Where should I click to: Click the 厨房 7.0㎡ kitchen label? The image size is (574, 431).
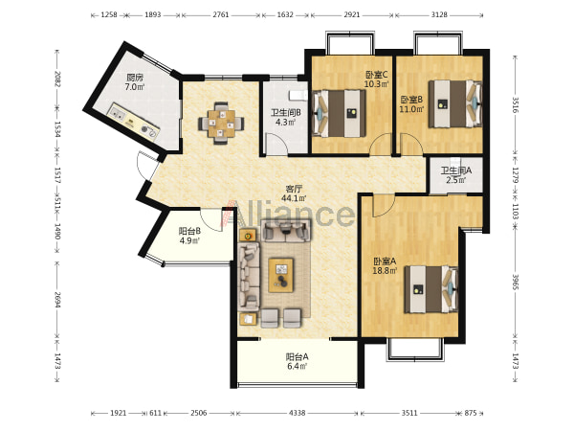coord(135,82)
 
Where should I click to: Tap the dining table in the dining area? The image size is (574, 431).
coord(221,124)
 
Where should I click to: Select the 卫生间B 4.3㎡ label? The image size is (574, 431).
coord(285,117)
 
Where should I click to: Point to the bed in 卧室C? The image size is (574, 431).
coord(340,113)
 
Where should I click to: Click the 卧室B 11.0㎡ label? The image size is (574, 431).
coord(411,104)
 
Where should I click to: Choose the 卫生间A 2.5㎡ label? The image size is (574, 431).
coord(455,175)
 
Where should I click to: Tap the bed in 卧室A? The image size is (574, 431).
coord(431,289)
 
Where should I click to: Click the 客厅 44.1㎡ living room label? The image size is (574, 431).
coord(294,193)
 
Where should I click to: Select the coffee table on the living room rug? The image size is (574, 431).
coord(280,275)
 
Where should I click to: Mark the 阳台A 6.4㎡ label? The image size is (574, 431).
coord(297,361)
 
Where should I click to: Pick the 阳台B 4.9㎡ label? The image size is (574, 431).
coord(189,236)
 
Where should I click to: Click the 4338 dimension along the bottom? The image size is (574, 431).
coord(297,413)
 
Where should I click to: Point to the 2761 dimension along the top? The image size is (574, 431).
coord(221,15)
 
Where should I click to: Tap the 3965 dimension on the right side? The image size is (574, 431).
coord(515,282)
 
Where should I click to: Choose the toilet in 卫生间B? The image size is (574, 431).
coord(298,95)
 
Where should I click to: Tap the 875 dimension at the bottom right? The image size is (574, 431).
coord(471,413)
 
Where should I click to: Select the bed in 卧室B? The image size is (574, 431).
coord(455,104)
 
